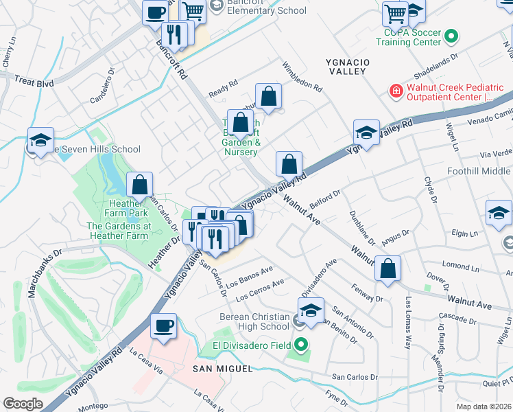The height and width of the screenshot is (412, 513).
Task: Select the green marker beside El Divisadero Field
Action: tap(300, 345)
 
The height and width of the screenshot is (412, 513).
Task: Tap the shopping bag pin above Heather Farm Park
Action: tap(139, 184)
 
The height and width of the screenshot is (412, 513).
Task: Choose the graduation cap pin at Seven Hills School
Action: tap(40, 139)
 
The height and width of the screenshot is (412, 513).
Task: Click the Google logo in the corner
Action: tap(23, 404)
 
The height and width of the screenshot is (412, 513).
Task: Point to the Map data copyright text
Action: tap(484, 406)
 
